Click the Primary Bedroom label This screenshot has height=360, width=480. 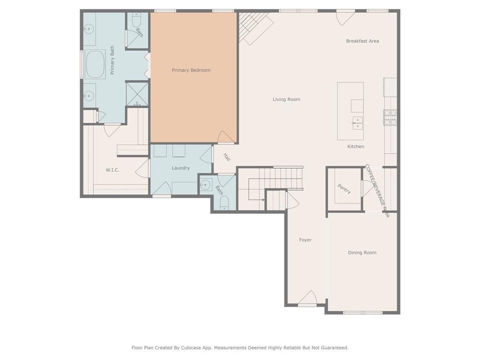(x=191, y=70)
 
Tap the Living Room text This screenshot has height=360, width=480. (x=286, y=99)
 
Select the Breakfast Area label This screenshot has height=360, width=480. (x=362, y=41)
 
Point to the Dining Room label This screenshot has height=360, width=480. (x=362, y=253)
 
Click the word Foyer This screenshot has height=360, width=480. (x=305, y=240)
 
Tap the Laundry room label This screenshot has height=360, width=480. (x=180, y=168)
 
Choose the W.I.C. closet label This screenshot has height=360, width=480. (x=112, y=170)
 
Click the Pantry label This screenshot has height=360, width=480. (x=345, y=189)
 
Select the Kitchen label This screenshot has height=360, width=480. (x=356, y=147)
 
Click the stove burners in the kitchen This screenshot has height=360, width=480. (x=390, y=118)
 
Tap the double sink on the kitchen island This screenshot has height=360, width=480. (x=357, y=124)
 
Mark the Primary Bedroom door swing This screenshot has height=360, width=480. (x=226, y=137)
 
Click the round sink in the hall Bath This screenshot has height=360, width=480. (x=205, y=185)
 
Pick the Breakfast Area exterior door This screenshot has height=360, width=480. (x=345, y=18)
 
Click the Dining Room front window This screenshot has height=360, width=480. (x=362, y=313)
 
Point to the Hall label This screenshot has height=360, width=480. (x=227, y=157)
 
